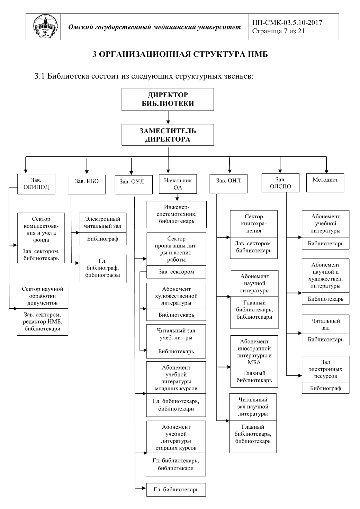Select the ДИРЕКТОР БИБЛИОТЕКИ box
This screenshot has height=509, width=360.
coord(168,99)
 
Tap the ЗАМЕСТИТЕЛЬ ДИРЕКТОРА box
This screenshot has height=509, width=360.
coord(168,135)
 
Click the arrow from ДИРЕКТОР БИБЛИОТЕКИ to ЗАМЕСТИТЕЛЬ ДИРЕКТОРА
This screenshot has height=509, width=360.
coord(168,117)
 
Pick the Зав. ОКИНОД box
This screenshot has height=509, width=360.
coord(36,184)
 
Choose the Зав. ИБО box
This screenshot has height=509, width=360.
coord(87,184)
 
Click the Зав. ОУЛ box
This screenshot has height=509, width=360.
coord(134,184)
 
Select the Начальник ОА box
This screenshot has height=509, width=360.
coord(178,184)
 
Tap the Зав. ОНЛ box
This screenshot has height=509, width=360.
coord(228,184)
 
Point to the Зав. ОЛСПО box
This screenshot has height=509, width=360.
coord(280,183)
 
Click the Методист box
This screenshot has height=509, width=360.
coord(325,183)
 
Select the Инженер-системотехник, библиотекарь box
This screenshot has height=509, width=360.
coord(177,214)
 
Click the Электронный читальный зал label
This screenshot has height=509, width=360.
coord(103,222)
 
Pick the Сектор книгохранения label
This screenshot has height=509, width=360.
coord(254,224)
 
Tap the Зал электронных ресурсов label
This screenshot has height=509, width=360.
coord(325,369)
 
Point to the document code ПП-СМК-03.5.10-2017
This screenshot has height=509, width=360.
coord(287,22)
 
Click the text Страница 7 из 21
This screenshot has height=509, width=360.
coord(278,31)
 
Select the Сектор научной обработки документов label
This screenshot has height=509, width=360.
coord(43,296)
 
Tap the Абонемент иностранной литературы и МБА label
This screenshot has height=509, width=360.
coord(254,352)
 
